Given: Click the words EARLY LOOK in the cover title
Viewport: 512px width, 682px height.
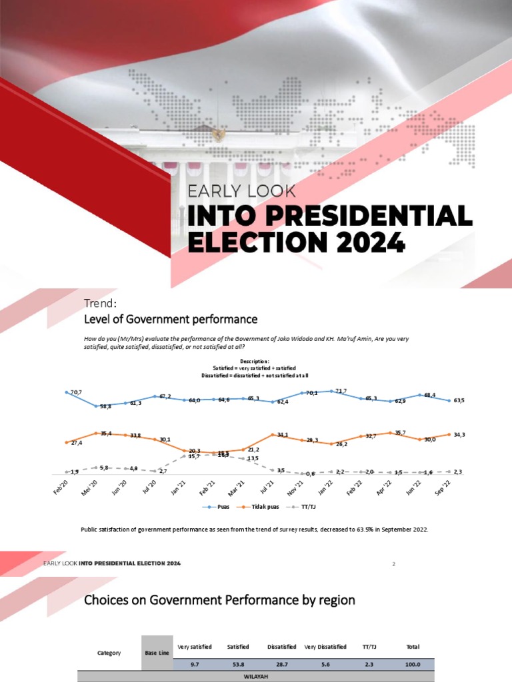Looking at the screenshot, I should [x=242, y=191].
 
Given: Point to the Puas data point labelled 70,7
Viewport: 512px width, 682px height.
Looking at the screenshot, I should [x=66, y=392].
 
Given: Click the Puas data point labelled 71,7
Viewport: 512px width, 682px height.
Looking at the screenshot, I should [x=331, y=391].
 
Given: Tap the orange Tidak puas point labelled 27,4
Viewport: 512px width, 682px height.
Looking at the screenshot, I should [x=66, y=442].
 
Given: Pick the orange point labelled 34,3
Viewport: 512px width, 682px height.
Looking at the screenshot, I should [x=449, y=434].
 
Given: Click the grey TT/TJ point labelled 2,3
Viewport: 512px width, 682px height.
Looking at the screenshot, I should [x=449, y=471].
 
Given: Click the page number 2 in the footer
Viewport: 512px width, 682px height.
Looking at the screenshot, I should [x=393, y=564].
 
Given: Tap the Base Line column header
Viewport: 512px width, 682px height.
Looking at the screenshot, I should [x=157, y=653].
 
